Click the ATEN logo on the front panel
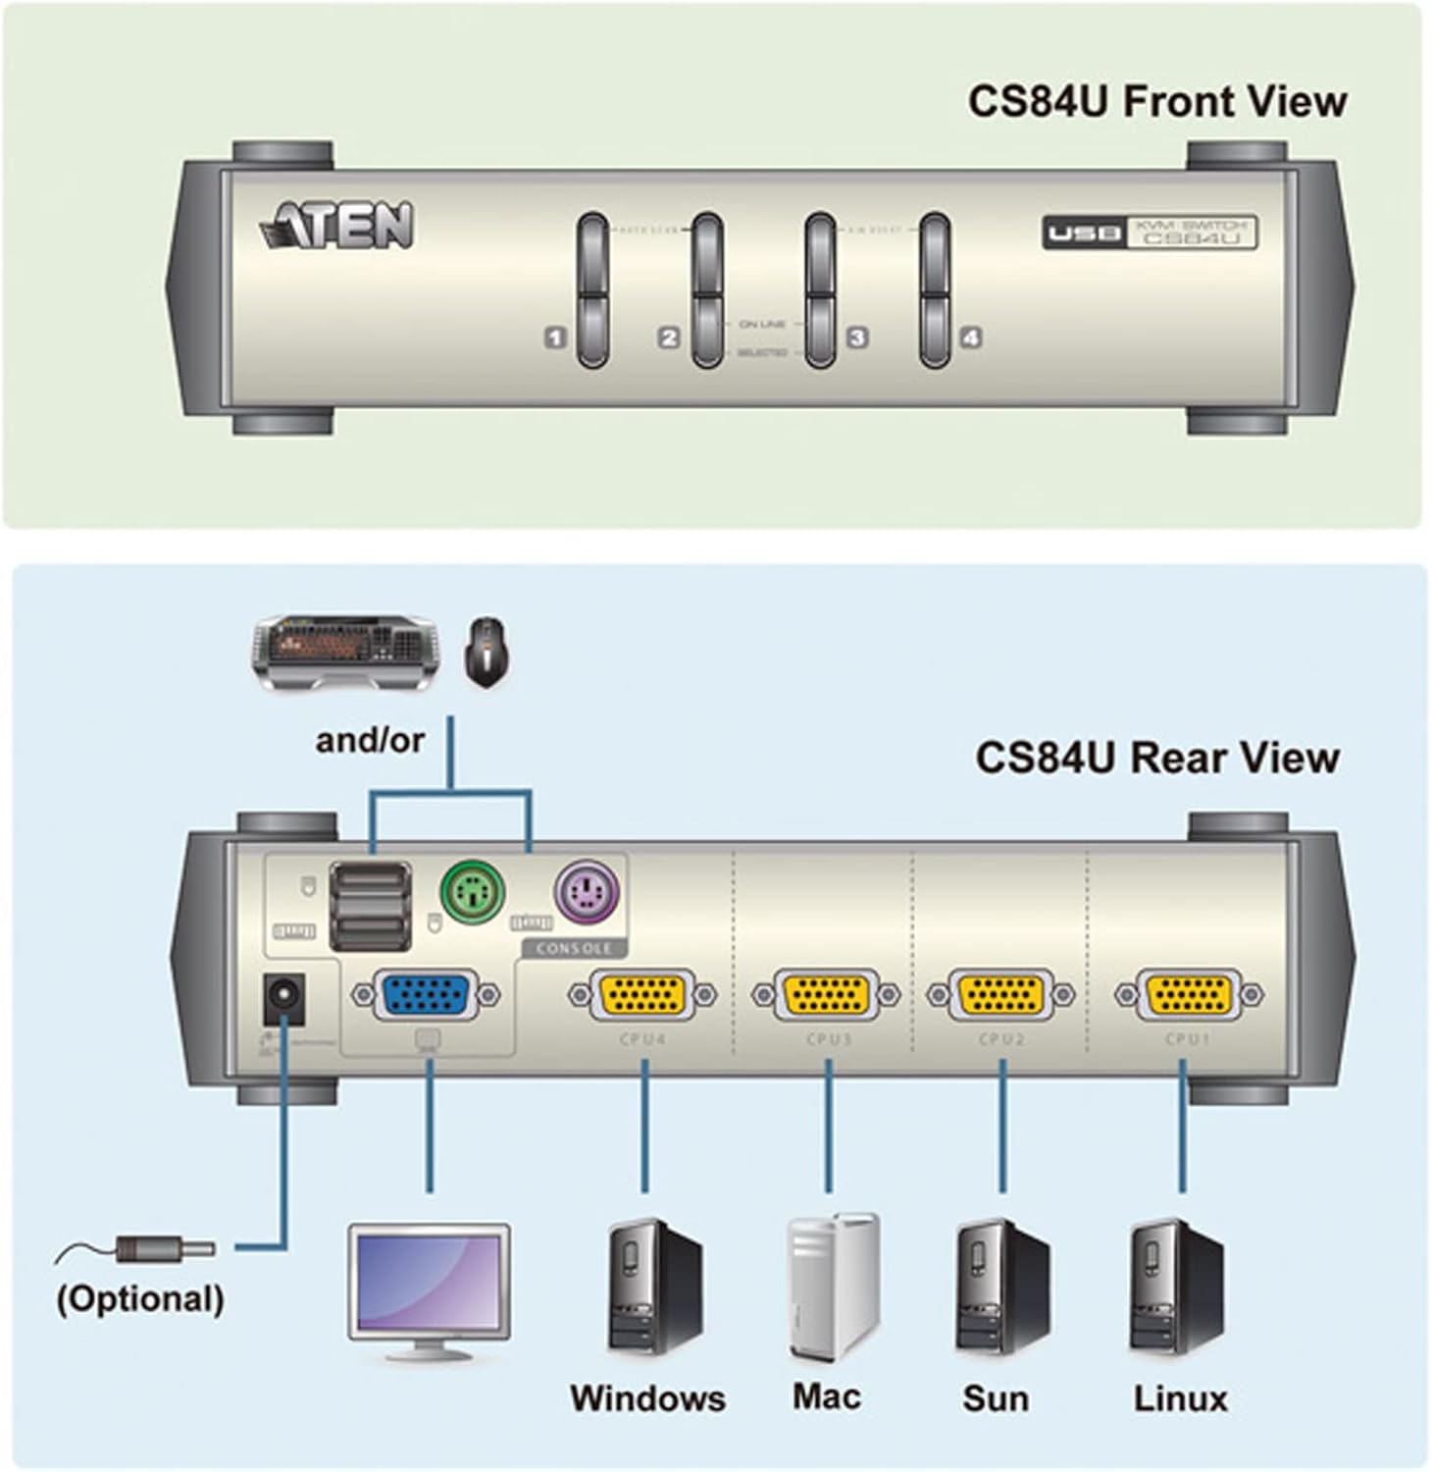point(337,227)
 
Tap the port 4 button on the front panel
point(935,290)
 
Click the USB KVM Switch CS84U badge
point(1149,233)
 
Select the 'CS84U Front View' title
point(1156,102)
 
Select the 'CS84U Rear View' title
point(1156,758)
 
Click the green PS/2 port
point(472,893)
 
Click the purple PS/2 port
point(588,894)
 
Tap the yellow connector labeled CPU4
point(643,995)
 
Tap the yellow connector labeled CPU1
point(1189,995)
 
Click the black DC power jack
point(283,1001)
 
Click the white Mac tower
point(833,1286)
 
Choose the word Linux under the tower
point(1180,1398)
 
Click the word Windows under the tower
point(647,1398)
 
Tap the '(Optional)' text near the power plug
point(140,1298)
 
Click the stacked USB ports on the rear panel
point(370,906)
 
